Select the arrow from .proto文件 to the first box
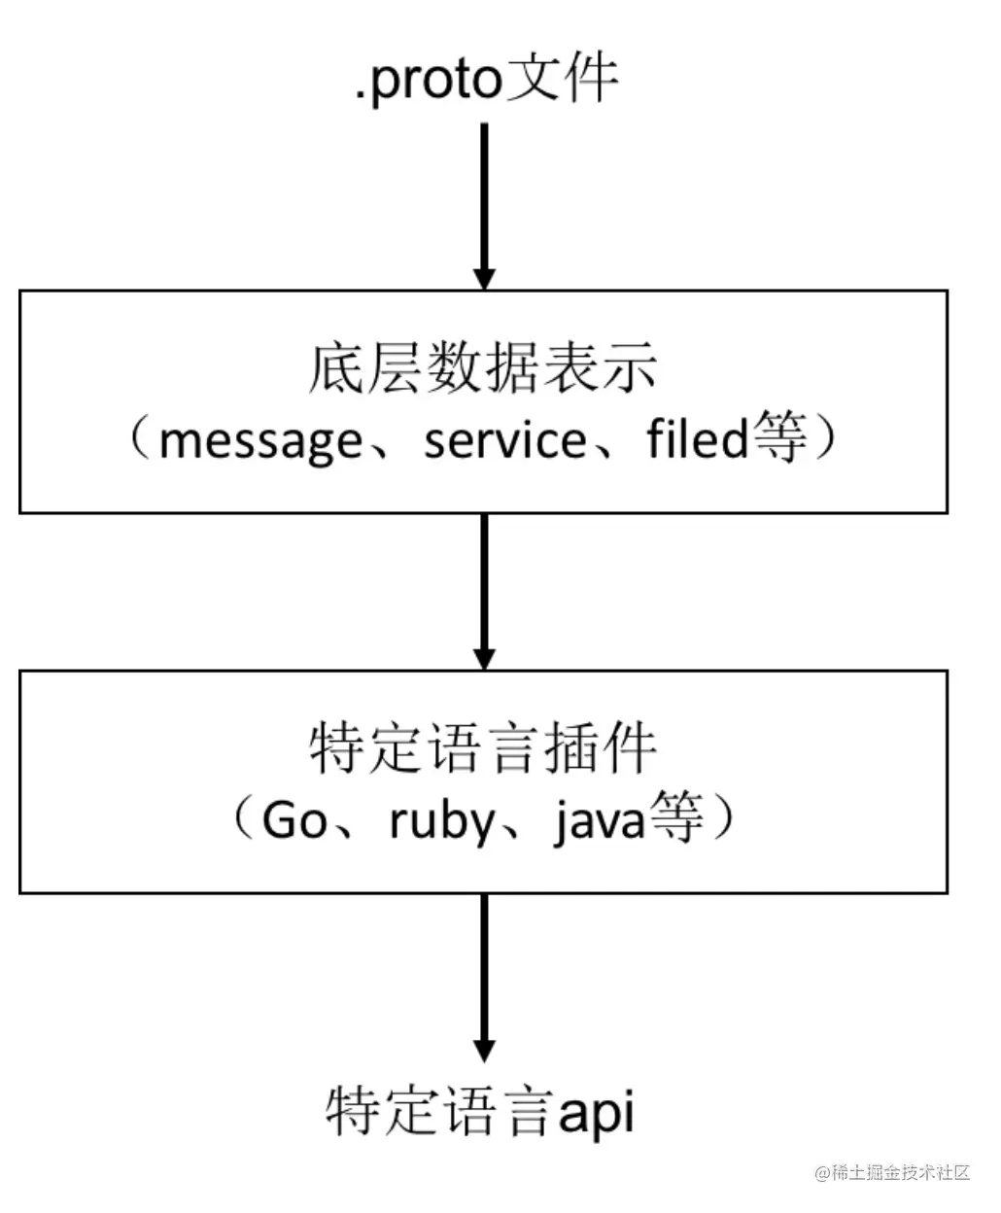click(x=483, y=204)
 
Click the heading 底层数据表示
click(x=483, y=369)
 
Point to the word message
click(x=259, y=442)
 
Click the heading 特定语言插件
click(x=483, y=749)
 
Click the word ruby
click(x=442, y=821)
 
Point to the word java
click(x=599, y=821)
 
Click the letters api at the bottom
click(x=596, y=1111)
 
